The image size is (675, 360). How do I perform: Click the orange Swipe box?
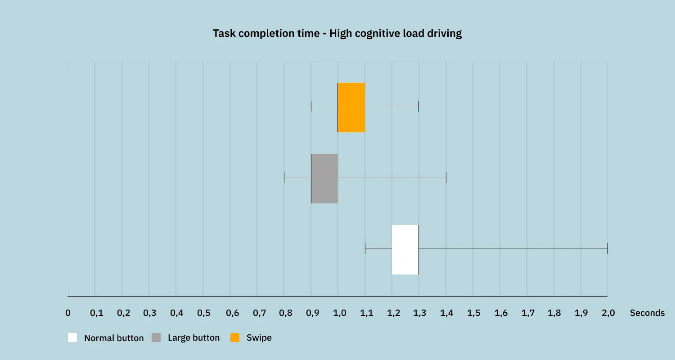pos(351,108)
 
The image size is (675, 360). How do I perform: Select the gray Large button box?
pos(324,179)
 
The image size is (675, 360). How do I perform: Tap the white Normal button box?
pos(405,249)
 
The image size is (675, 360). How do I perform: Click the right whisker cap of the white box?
pos(607,248)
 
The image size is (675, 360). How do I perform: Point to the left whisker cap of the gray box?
pos(284,177)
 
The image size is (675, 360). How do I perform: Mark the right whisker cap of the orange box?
pos(418,106)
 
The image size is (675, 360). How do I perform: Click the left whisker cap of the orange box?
pos(311,106)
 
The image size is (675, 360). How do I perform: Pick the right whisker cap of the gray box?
pos(445,177)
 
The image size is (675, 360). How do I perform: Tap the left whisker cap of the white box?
pos(365,248)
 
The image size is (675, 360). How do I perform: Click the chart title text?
pos(337,34)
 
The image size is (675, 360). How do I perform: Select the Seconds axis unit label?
pos(647,313)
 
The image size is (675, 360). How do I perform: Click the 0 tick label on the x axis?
pos(68,313)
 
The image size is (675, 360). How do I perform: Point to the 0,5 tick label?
pos(203,313)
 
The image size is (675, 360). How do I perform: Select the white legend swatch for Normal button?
pos(72,337)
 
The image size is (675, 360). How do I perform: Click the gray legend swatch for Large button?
pos(156,337)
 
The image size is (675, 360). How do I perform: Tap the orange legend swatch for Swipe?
pos(235,337)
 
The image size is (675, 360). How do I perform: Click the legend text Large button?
pos(193,337)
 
